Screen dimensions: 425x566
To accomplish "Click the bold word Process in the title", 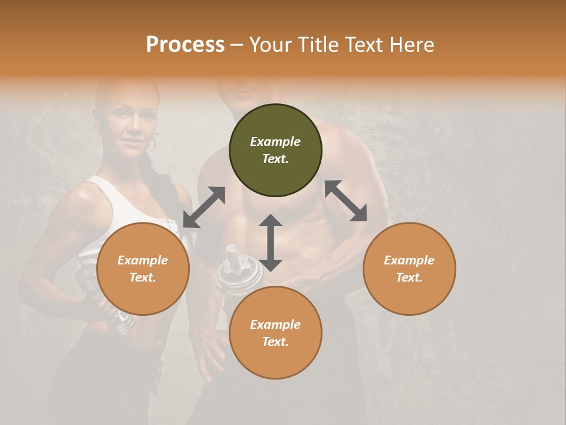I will [x=185, y=45].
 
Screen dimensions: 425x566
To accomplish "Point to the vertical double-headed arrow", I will [x=271, y=243].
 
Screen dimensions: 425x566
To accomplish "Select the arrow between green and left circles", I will [x=204, y=207].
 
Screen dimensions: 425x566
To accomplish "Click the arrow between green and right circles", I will [x=345, y=201].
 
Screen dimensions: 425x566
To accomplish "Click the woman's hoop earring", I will [x=154, y=143].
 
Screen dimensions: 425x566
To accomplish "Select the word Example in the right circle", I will [x=409, y=260].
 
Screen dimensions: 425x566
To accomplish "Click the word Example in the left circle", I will [x=142, y=260].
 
